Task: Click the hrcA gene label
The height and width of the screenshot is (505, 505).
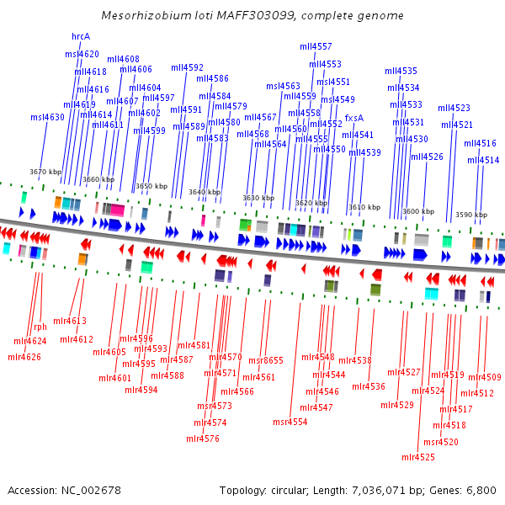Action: click(81, 36)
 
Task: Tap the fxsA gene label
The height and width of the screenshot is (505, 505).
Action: click(353, 118)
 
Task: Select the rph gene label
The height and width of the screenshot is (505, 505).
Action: click(40, 327)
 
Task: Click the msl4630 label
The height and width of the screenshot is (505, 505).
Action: click(47, 118)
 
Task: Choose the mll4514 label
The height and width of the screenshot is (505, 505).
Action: click(483, 160)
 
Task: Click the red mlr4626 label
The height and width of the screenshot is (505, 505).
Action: click(24, 357)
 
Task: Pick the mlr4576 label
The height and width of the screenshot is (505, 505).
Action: click(203, 439)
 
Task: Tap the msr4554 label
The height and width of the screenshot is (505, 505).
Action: click(290, 422)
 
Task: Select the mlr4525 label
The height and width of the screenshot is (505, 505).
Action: click(418, 457)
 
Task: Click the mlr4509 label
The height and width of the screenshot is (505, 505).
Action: click(485, 377)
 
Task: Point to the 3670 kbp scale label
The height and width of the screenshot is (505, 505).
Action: click(45, 172)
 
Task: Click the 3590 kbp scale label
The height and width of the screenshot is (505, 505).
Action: click(470, 215)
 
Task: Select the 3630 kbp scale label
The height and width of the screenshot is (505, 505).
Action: click(258, 198)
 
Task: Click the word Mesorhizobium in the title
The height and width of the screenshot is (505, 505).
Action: click(141, 16)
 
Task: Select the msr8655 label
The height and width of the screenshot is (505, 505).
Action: click(266, 360)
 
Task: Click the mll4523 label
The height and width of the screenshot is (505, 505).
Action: click(454, 108)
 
